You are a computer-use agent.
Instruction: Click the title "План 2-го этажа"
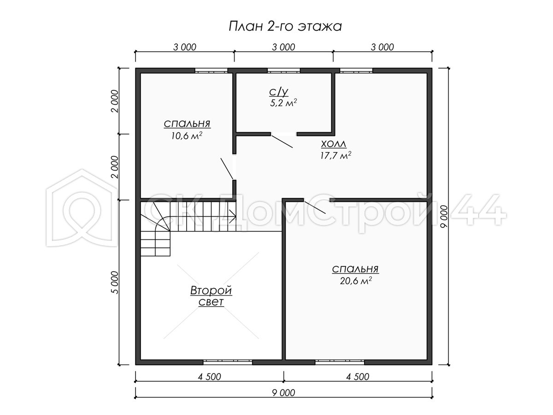click(285, 26)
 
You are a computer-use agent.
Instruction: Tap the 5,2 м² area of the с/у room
click(283, 103)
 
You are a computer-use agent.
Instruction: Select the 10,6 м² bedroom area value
click(187, 136)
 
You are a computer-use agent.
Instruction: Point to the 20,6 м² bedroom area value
click(356, 281)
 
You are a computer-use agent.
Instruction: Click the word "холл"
click(334, 144)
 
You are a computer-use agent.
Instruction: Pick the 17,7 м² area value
click(335, 155)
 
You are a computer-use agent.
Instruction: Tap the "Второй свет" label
click(211, 296)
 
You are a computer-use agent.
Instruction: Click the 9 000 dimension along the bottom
click(283, 393)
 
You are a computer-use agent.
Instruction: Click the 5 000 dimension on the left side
click(114, 283)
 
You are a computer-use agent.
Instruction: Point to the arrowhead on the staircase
click(233, 216)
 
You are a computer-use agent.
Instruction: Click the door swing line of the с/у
click(282, 142)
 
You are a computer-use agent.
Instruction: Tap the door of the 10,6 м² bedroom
click(227, 169)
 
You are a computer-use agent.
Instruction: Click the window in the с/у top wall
click(284, 71)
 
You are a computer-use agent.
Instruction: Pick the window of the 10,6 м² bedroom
click(212, 71)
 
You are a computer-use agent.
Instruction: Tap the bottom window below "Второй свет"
click(228, 362)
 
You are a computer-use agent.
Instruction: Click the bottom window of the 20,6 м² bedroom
click(340, 362)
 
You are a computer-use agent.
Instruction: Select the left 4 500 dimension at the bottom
click(209, 377)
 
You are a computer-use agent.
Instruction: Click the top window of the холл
click(356, 71)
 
